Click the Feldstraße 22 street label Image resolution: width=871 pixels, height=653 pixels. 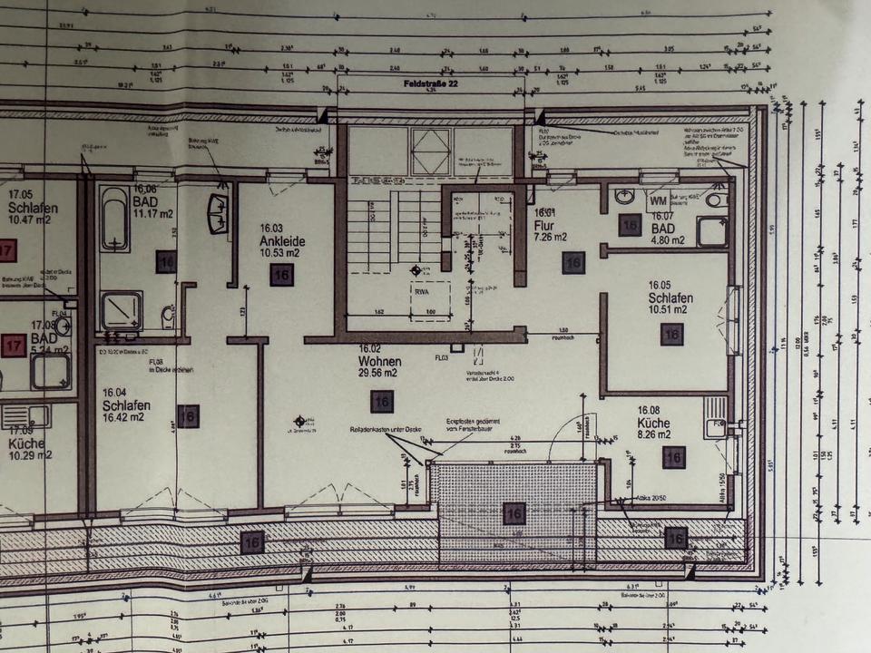click(x=431, y=83)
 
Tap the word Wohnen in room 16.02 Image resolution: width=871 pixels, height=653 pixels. click(x=379, y=361)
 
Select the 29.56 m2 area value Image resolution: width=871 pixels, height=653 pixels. click(x=377, y=373)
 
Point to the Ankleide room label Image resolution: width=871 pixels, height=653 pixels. click(x=281, y=242)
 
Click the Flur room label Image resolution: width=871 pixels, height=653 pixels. click(x=545, y=225)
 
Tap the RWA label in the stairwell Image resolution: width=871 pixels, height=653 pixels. click(x=421, y=292)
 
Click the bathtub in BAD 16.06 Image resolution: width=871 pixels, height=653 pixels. click(x=114, y=219)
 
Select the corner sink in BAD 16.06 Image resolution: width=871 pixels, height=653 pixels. click(x=218, y=213)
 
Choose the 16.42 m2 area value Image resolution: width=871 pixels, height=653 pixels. click(x=123, y=417)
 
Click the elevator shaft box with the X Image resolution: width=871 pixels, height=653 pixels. click(x=430, y=151)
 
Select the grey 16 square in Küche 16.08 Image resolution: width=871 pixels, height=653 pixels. click(x=673, y=457)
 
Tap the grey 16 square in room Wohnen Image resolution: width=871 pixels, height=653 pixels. click(x=382, y=401)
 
